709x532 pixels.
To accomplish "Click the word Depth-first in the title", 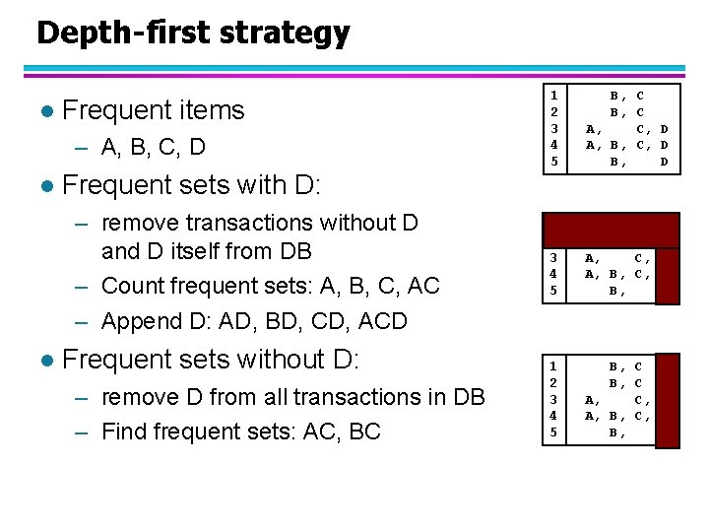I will coord(107,33).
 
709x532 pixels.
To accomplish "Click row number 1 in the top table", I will coord(554,97).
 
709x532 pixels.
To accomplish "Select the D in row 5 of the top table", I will coord(664,161).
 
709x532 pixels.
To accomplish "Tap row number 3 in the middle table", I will coord(554,259).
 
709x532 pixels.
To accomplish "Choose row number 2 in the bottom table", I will coord(554,383).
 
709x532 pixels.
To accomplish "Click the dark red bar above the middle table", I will coord(612,229).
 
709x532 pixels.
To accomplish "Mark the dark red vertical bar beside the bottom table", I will coord(668,400).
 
